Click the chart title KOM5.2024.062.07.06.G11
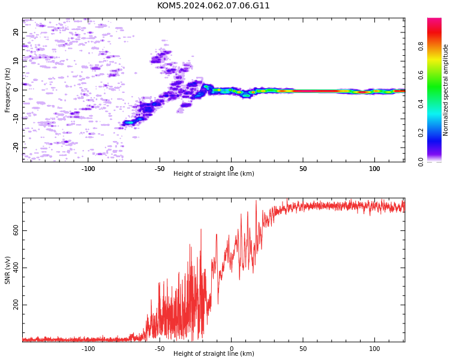(x=213, y=6)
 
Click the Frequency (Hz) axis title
(x=7, y=90)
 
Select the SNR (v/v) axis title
(x=7, y=270)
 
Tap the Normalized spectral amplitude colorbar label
(x=445, y=90)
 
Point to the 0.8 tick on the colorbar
(x=421, y=46)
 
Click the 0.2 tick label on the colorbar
(x=421, y=133)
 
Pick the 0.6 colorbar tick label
(x=421, y=75)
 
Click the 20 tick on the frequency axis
(x=16, y=32)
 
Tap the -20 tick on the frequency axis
(x=16, y=148)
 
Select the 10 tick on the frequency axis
(x=16, y=61)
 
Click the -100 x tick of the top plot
(x=88, y=169)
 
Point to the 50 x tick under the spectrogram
(x=303, y=169)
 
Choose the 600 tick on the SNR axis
(x=16, y=230)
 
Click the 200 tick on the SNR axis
(x=16, y=305)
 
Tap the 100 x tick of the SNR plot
(x=374, y=349)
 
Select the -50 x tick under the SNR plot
(x=160, y=349)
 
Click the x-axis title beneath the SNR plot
(x=214, y=353)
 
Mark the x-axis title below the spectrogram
(x=214, y=173)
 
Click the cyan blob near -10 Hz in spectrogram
(x=130, y=122)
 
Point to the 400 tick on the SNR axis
(x=16, y=268)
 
